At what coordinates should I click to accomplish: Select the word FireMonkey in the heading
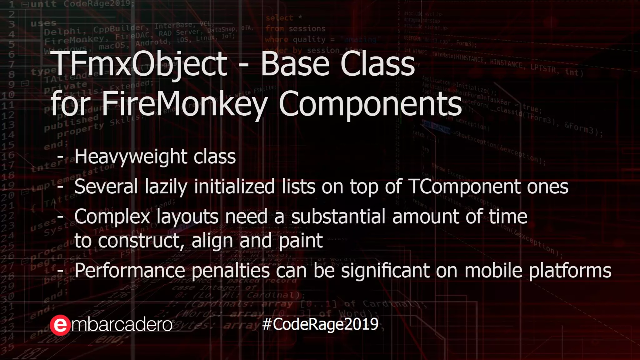click(x=185, y=103)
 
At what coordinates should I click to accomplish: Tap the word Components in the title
click(x=370, y=103)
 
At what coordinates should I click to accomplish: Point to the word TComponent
click(x=464, y=187)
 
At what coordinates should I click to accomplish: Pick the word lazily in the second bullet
click(x=166, y=187)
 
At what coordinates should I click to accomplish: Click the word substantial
click(x=338, y=216)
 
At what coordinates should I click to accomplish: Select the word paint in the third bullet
click(x=300, y=240)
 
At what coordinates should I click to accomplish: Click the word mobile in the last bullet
click(x=493, y=270)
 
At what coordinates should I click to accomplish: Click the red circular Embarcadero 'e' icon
click(x=60, y=325)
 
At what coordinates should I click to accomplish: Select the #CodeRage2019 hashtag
click(x=320, y=324)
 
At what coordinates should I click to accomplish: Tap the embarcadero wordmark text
click(x=122, y=325)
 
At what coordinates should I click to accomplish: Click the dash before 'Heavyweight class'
click(x=60, y=157)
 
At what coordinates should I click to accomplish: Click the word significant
click(x=385, y=270)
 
